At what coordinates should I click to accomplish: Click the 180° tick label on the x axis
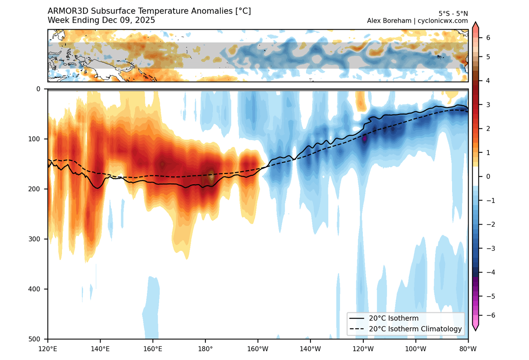click(205, 349)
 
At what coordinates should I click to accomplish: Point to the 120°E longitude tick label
click(48, 349)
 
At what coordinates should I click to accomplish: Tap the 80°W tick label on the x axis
click(468, 349)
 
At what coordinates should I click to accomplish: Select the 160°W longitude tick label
click(258, 349)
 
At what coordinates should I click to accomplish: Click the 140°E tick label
click(100, 349)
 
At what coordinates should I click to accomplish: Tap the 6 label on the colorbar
click(488, 38)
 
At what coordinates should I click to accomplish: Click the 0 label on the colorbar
click(488, 177)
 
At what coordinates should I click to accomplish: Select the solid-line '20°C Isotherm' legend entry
click(393, 318)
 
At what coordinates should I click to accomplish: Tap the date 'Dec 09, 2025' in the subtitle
click(129, 21)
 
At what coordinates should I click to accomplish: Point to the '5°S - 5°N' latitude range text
click(453, 14)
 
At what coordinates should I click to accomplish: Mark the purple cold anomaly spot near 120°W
click(364, 138)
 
